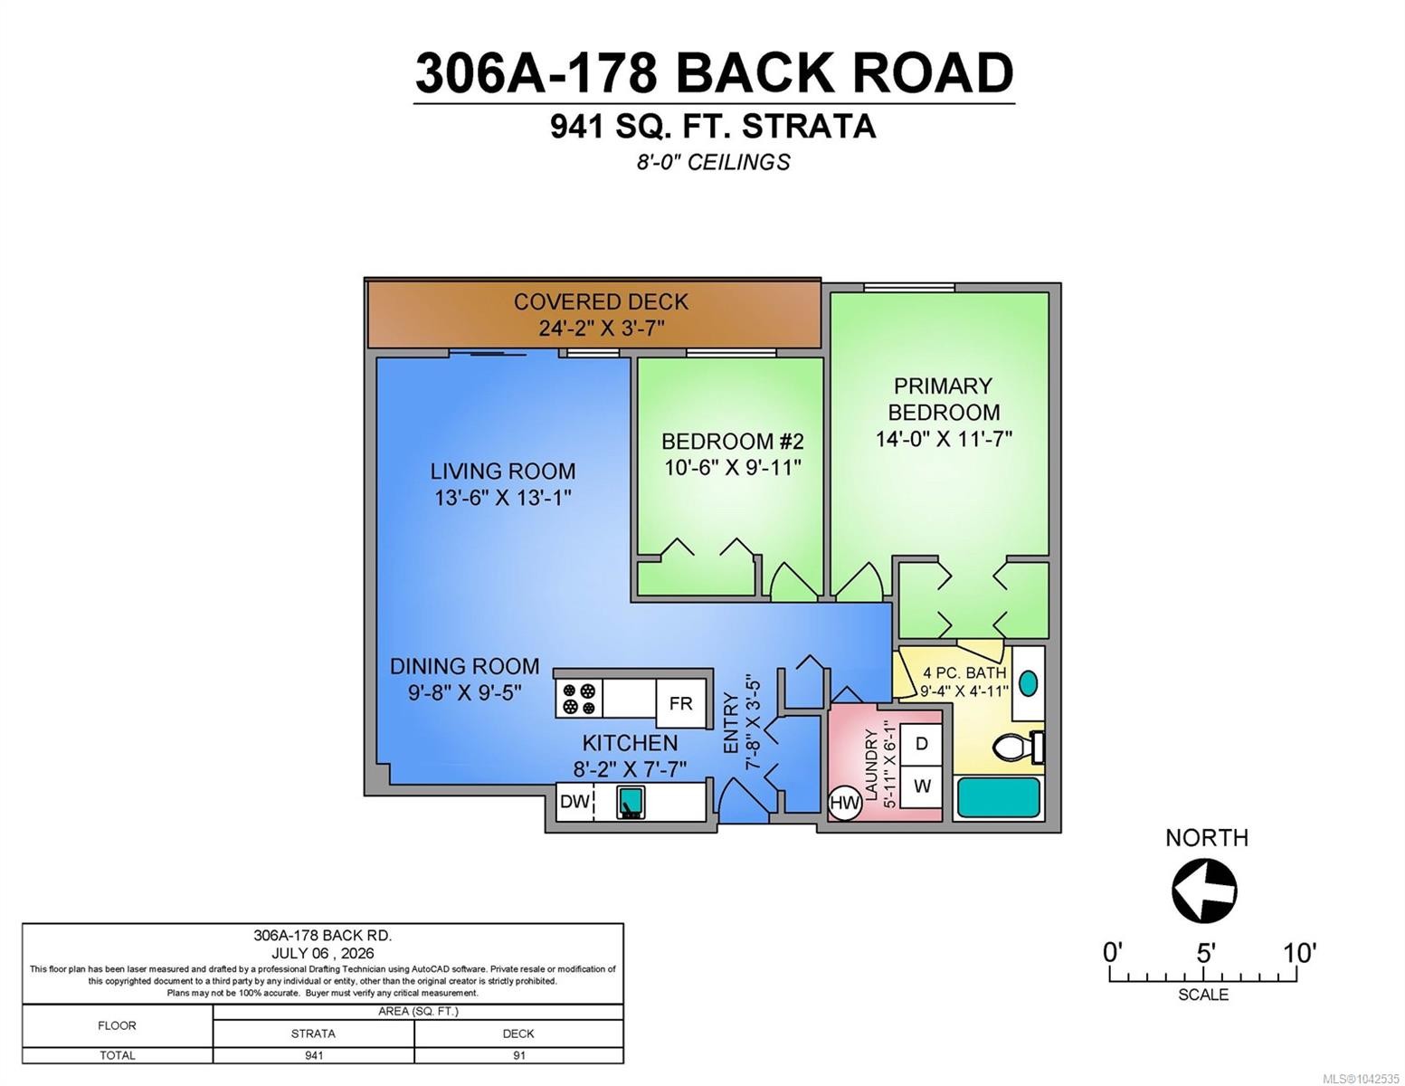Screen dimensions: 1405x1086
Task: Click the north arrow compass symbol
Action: click(1204, 891)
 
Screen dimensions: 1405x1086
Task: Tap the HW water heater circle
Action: click(844, 804)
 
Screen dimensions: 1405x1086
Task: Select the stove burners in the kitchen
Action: click(579, 699)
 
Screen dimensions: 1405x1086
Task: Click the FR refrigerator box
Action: click(680, 703)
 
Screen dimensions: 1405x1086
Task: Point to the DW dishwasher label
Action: click(574, 802)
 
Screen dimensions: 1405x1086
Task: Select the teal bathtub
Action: click(998, 797)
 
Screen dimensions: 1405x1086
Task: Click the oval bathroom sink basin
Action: click(1028, 683)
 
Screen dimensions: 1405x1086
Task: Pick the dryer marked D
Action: click(921, 744)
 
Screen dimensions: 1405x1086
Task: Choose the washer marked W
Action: click(921, 786)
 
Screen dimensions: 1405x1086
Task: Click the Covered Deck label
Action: click(601, 302)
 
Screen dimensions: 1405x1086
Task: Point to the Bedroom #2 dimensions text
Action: click(733, 467)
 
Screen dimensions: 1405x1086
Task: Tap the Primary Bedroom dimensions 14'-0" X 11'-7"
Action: click(944, 439)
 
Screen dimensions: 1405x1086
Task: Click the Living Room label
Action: click(503, 471)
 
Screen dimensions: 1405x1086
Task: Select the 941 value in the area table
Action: click(314, 1055)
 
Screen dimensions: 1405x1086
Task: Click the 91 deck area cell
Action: click(518, 1055)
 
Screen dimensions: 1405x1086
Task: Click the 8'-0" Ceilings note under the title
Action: click(713, 162)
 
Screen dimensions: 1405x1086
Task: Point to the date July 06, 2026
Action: click(323, 953)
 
